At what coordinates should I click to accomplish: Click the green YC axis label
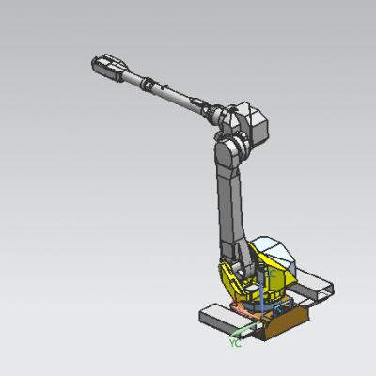(235, 343)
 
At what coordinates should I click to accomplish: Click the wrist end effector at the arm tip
(109, 67)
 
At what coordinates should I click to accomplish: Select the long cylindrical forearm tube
(165, 91)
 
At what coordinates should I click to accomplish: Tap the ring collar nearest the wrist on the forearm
(147, 84)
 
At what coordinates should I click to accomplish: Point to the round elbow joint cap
(227, 153)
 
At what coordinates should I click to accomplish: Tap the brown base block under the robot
(283, 322)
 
